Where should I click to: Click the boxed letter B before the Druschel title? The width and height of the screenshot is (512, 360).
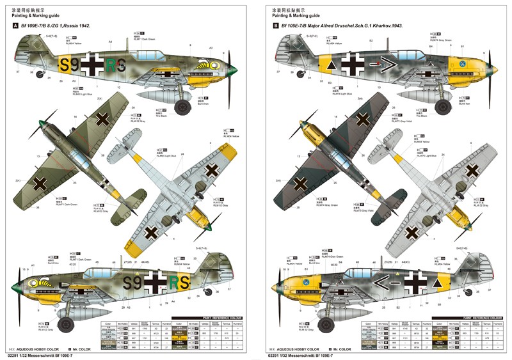tap(276, 26)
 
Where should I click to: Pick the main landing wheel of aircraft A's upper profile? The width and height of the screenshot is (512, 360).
tap(184, 106)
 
